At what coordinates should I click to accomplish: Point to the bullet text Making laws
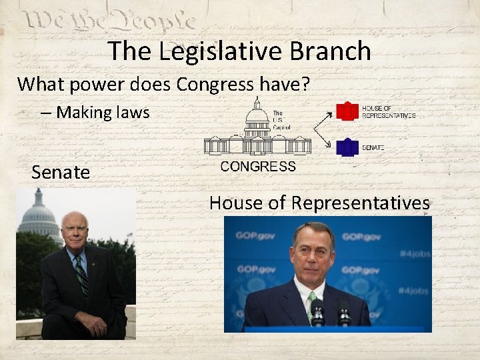coord(103,112)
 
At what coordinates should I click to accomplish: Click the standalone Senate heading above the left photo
coord(61,173)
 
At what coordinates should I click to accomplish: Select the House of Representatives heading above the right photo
coord(319,203)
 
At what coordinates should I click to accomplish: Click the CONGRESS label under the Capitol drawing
coord(257,167)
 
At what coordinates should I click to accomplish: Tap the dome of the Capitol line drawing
coord(257,117)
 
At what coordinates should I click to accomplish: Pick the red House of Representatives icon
coord(347,111)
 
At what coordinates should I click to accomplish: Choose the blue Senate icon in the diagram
coord(347,147)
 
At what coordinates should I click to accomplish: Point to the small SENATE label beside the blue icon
coord(373,147)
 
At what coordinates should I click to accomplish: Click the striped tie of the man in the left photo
coord(81,275)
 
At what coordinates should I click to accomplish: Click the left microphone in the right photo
coord(317,308)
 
